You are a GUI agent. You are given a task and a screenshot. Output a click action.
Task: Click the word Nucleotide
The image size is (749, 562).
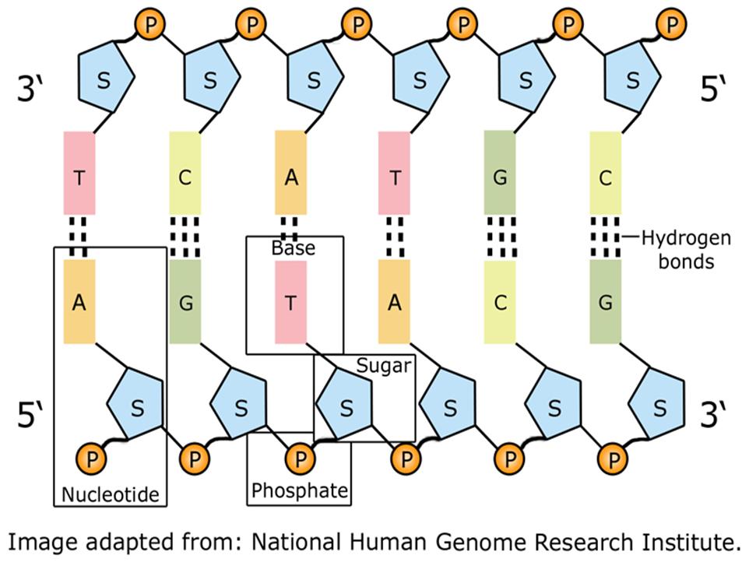pos(111,494)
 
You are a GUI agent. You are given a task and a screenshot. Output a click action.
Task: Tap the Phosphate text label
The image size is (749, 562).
pos(300,490)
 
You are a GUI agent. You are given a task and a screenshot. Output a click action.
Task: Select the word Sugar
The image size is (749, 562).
pos(384,366)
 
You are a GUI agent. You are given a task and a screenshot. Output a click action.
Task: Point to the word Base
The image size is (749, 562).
pos(294,248)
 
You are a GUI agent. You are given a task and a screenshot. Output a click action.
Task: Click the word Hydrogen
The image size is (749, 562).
pos(686,238)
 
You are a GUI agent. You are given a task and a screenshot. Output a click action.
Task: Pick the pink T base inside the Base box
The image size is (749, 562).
pos(290,302)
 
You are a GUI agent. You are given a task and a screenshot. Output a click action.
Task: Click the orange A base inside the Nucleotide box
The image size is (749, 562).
pos(79,301)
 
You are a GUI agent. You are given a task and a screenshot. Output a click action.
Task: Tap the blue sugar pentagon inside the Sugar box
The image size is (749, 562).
pos(345,403)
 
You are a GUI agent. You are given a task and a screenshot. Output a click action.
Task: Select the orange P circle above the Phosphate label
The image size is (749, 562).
pos(300,459)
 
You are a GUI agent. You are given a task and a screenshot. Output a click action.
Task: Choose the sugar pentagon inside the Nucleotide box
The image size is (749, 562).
pos(136,403)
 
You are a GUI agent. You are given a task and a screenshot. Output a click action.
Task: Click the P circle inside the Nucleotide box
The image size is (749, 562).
pos(91,459)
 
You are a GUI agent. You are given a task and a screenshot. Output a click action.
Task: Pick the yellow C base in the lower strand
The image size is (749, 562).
pos(500,302)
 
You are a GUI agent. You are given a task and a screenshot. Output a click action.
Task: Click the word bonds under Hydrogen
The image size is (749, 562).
pos(686,262)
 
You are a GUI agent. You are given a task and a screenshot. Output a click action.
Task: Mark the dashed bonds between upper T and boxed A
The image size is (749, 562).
pos(77,237)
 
